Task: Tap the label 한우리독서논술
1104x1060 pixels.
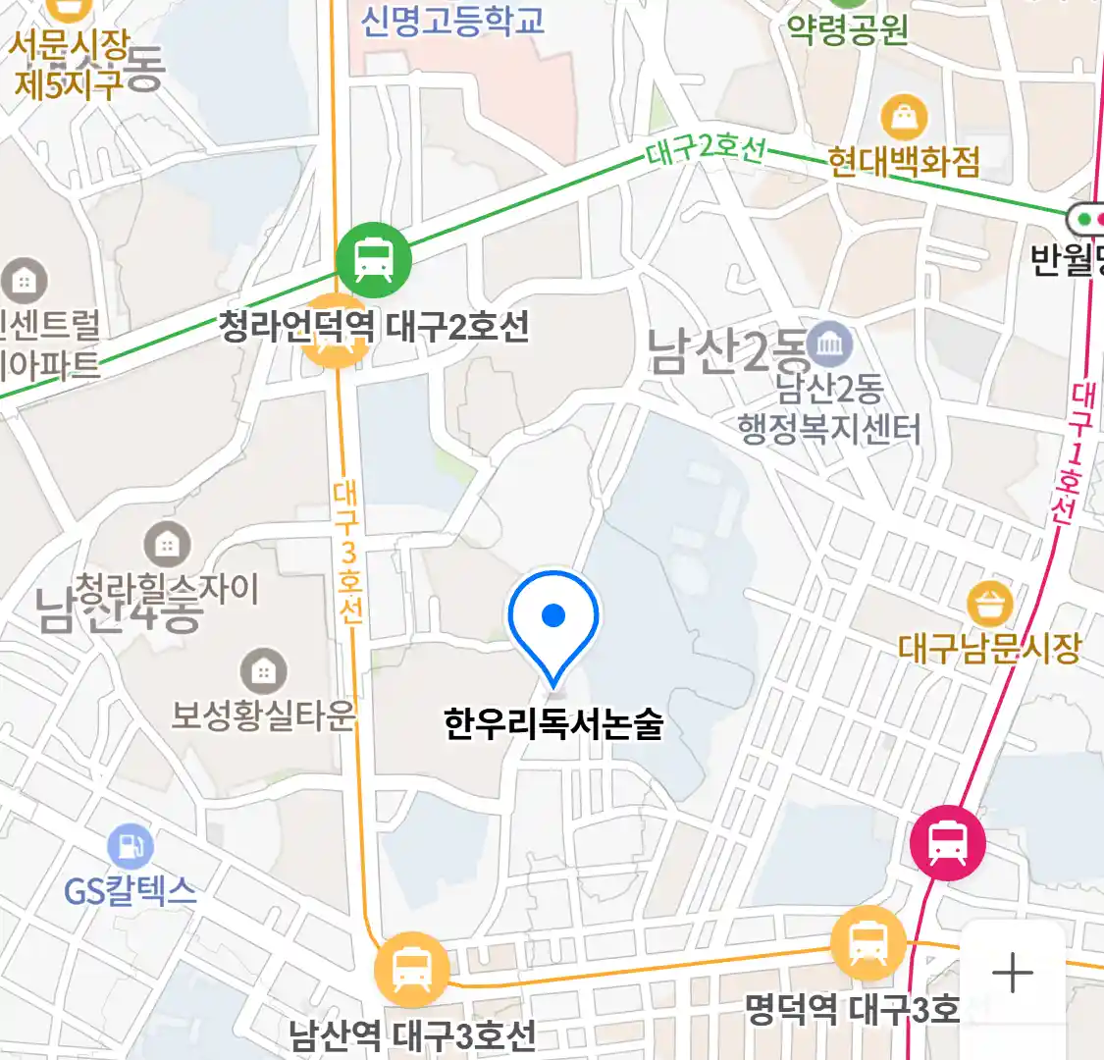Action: tap(553, 724)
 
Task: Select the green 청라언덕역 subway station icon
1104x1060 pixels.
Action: tap(373, 259)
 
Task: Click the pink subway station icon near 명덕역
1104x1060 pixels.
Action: tap(947, 841)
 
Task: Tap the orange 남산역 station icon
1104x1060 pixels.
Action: tap(411, 971)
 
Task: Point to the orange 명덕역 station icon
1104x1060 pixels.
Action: tap(867, 944)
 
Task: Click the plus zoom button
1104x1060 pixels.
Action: tap(1012, 974)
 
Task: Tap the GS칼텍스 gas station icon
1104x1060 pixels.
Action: tap(130, 847)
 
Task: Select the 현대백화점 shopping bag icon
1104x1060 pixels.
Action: tap(904, 118)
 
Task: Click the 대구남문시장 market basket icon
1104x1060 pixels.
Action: tap(990, 604)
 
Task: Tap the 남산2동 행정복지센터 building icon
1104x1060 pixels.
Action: tap(830, 344)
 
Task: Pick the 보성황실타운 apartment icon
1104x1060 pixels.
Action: tap(262, 671)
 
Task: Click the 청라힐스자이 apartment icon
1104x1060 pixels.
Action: tap(167, 544)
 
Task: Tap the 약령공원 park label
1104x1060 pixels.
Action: tap(848, 29)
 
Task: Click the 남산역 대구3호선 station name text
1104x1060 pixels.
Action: tap(412, 1034)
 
